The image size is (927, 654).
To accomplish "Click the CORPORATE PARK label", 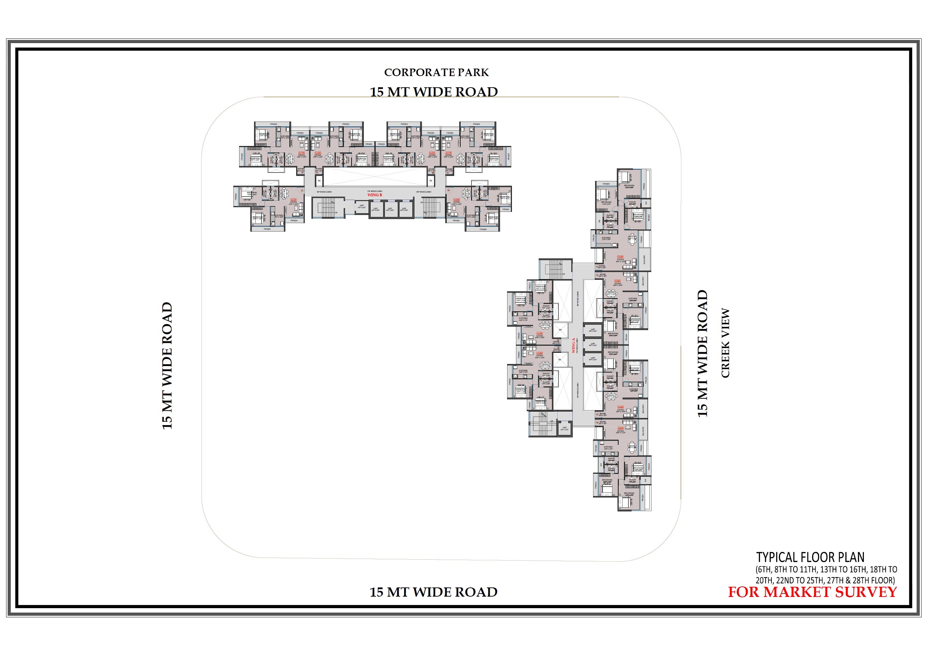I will click(436, 72).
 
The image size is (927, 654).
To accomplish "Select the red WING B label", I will click(374, 195).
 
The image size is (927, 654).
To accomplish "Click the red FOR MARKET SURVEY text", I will click(812, 592).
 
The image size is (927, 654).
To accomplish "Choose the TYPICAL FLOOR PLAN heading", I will click(810, 558).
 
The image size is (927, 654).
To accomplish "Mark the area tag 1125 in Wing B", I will click(293, 200).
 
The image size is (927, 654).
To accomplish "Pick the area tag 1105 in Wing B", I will click(456, 200).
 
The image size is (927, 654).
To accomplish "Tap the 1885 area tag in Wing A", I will click(620, 428).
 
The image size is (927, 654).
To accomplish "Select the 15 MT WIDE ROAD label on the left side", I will click(167, 365).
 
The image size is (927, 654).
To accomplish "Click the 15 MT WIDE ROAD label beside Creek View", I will click(702, 353).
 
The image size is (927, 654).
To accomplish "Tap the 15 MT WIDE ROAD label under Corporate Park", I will click(434, 92).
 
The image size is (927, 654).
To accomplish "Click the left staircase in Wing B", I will click(326, 207).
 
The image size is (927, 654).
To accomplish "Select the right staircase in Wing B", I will click(431, 207).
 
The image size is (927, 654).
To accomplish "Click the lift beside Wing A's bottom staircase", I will click(565, 429).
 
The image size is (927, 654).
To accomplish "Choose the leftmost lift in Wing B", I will click(362, 207).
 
